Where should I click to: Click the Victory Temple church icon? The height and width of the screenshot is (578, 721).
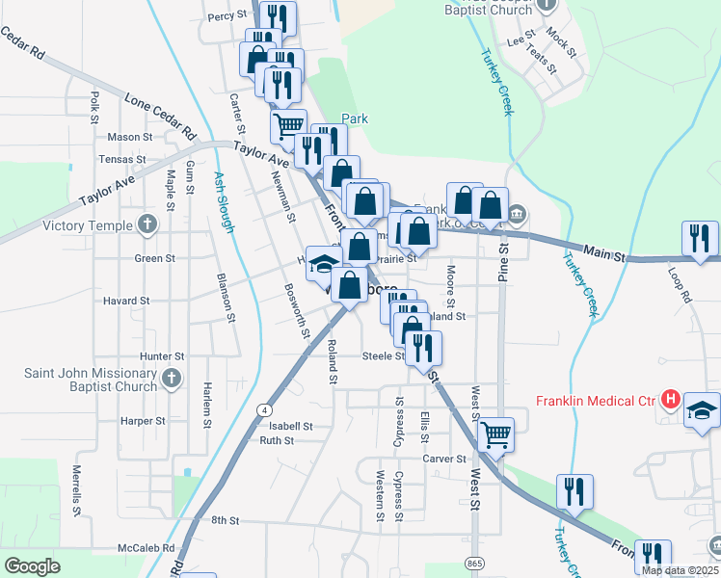coord(147,225)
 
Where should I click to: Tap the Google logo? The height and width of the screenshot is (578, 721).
coord(32,565)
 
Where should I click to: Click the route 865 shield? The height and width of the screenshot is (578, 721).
coord(474,561)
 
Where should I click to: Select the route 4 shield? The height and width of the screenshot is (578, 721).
coord(263,409)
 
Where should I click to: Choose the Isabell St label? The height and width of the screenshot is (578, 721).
coord(291,426)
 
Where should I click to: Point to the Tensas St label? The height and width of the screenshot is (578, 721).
coord(122,160)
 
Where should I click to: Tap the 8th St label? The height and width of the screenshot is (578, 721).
coord(225,520)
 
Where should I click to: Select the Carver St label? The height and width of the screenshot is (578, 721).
coord(445,460)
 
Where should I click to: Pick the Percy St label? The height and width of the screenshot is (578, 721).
coord(227,15)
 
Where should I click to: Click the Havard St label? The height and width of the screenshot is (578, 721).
coord(126,301)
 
